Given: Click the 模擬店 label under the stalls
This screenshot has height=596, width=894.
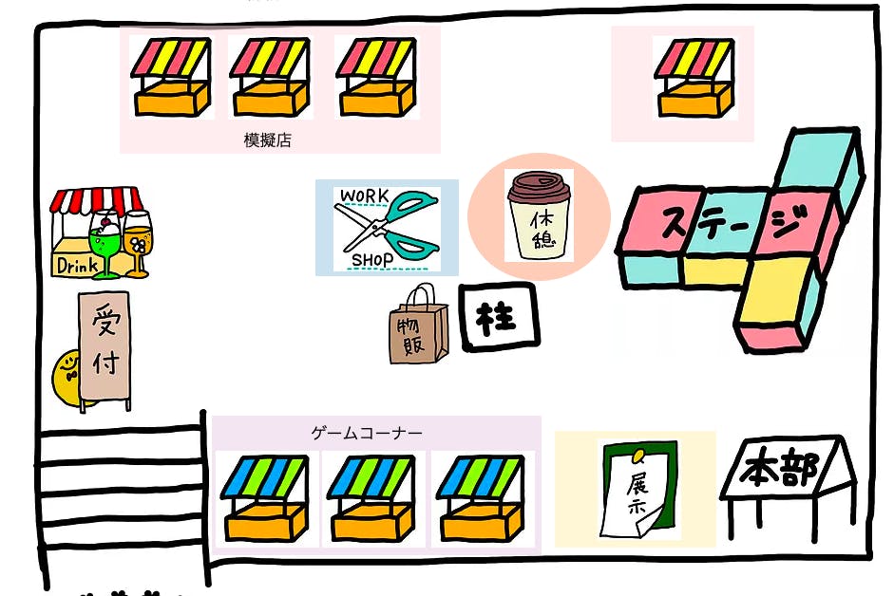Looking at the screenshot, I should [x=267, y=140].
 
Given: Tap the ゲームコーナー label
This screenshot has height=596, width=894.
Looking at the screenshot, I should [x=367, y=433].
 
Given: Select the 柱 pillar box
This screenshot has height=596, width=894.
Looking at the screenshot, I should [x=499, y=317].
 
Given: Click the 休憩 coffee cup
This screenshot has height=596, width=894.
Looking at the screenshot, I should [x=539, y=216].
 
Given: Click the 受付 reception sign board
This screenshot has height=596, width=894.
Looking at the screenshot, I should [x=104, y=347].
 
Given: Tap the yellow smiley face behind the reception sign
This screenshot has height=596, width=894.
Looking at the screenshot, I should [x=67, y=374].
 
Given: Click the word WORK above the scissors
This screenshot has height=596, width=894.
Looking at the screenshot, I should [x=364, y=196].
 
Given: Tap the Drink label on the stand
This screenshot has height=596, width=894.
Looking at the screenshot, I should [x=76, y=265].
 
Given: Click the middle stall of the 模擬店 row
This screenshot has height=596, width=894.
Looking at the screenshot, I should [x=270, y=78].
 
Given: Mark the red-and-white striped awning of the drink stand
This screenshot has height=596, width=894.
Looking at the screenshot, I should [x=96, y=200].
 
